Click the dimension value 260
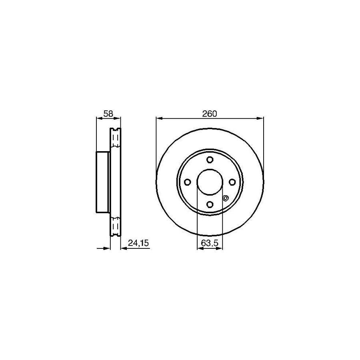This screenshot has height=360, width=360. coord(209,114)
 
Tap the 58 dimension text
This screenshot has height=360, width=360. coord(108,114)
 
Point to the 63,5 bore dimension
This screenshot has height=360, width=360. coord(210,243)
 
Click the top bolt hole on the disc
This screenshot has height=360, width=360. coord(210,160)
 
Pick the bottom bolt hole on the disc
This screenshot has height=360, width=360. coord(210,205)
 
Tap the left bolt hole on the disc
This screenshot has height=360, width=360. coord(187,182)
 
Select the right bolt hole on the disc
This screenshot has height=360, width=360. coord(232,182)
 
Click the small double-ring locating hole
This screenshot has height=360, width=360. coord(225,198)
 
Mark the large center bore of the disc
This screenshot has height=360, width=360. coord(210,182)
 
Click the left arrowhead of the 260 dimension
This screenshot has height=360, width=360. coord(159,118)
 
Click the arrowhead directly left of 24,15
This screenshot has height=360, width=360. coord(124,248)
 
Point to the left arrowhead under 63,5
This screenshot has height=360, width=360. coord(200,248)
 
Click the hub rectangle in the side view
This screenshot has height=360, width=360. coord(103,182)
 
